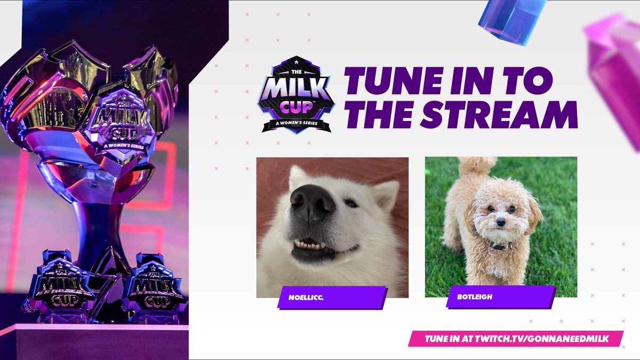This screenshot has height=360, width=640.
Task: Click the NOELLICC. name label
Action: click(x=331, y=298)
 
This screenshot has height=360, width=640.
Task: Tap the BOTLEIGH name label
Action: click(x=500, y=298)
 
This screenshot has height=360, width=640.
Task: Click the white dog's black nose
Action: click(x=313, y=203)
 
